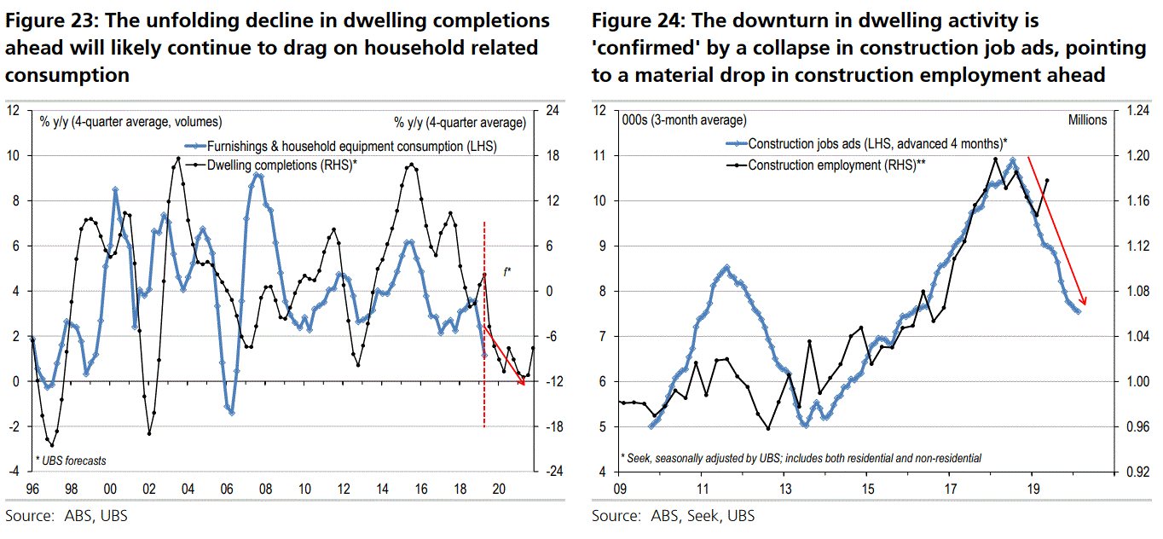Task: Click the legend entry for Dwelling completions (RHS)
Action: (x=281, y=165)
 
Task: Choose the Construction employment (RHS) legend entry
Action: (x=836, y=165)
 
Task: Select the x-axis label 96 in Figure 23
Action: (x=32, y=490)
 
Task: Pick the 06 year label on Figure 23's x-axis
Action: (x=226, y=490)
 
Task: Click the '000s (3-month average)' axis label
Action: (x=684, y=120)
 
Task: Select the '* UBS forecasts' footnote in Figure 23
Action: (x=72, y=461)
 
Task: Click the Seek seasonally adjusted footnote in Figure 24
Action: (x=801, y=458)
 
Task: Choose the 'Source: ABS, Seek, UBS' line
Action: (x=673, y=516)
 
